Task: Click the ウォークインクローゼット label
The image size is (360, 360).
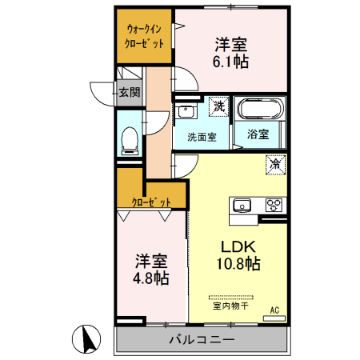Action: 145,37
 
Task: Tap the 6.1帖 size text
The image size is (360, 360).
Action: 230,62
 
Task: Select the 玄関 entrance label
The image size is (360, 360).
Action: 130,92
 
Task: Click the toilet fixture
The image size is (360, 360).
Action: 129,142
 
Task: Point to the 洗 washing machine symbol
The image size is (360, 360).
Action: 218,105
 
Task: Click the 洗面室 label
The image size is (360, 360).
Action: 202,136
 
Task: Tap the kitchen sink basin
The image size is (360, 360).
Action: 243,206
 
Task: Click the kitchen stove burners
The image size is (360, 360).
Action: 274,205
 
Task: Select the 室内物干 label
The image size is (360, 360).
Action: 230,305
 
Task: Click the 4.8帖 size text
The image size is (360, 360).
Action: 150,278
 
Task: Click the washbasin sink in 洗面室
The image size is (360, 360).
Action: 187,110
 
